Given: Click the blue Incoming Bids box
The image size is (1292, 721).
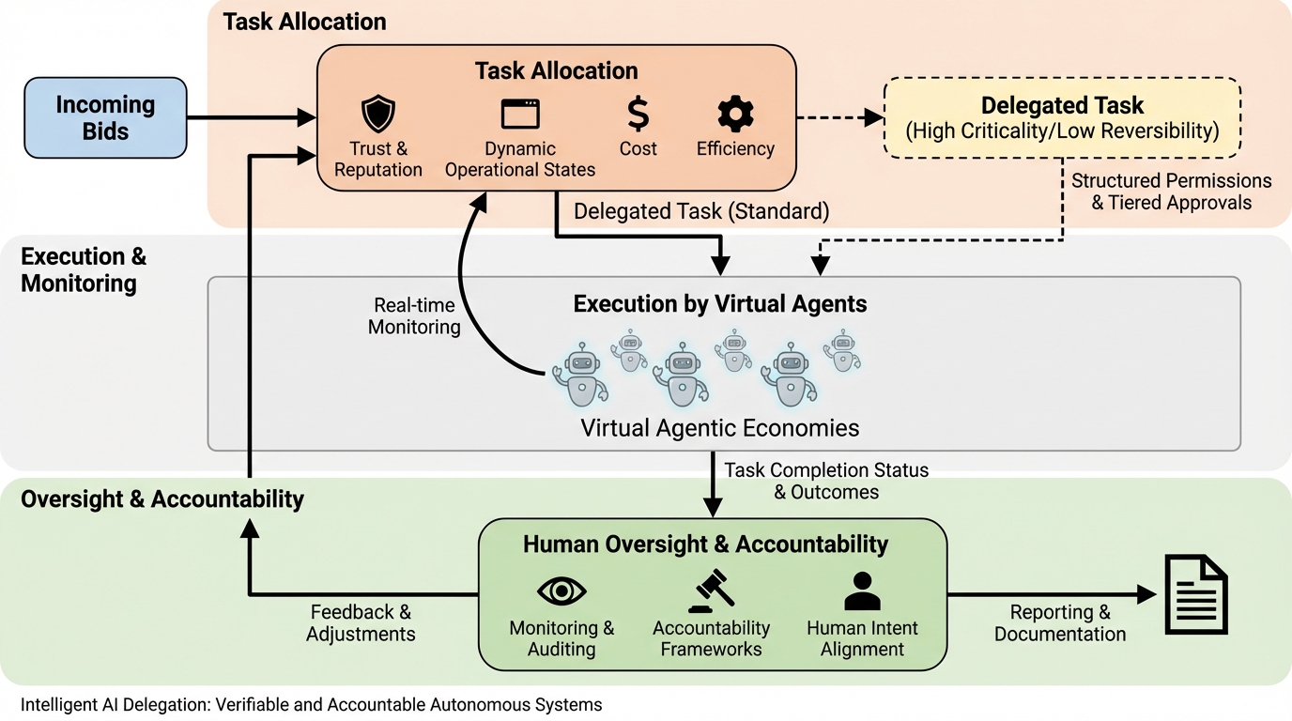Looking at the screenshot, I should point(105,117).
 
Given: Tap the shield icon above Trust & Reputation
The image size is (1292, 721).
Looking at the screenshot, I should point(378,115).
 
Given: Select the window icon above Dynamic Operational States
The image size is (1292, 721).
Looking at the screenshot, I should point(520,115).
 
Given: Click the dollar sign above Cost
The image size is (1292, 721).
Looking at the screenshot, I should point(638,114).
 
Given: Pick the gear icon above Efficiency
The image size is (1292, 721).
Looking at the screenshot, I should point(735,114).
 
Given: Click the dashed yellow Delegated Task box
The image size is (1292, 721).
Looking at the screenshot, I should point(1062,117).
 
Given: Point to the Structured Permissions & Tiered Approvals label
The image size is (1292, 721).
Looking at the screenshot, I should point(1171,192).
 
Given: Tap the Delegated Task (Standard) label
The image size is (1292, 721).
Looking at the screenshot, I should point(701,211).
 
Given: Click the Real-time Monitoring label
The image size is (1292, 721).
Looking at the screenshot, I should point(414,316).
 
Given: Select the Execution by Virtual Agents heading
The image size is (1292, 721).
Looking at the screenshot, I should point(720,304).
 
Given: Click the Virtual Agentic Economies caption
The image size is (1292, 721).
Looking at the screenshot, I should point(719,429).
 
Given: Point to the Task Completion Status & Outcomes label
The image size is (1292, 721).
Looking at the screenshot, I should point(826,481).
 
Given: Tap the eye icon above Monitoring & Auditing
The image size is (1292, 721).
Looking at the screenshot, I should point(561,591).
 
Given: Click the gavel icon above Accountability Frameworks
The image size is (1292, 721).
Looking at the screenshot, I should point(711,591).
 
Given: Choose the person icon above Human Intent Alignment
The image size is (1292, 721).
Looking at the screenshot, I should point(862,591).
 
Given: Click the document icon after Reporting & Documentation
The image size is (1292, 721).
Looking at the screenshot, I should point(1195,593).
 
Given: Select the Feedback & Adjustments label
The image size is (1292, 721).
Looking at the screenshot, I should point(361,622).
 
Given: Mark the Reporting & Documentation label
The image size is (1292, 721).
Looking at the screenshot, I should point(1060,623).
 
